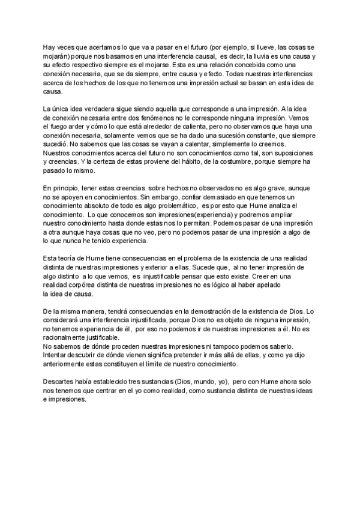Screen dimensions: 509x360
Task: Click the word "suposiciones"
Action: (x=287, y=154)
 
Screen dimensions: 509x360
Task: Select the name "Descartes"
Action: (x=60, y=381)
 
